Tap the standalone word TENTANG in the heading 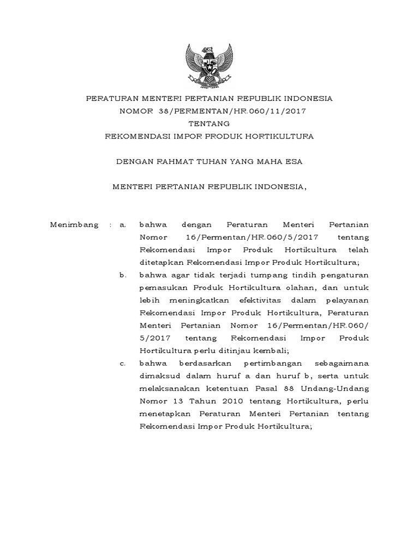[x=209, y=124]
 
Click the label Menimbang [x=74, y=224]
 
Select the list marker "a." [x=123, y=224]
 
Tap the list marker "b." [x=123, y=275]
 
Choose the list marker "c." [x=123, y=363]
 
